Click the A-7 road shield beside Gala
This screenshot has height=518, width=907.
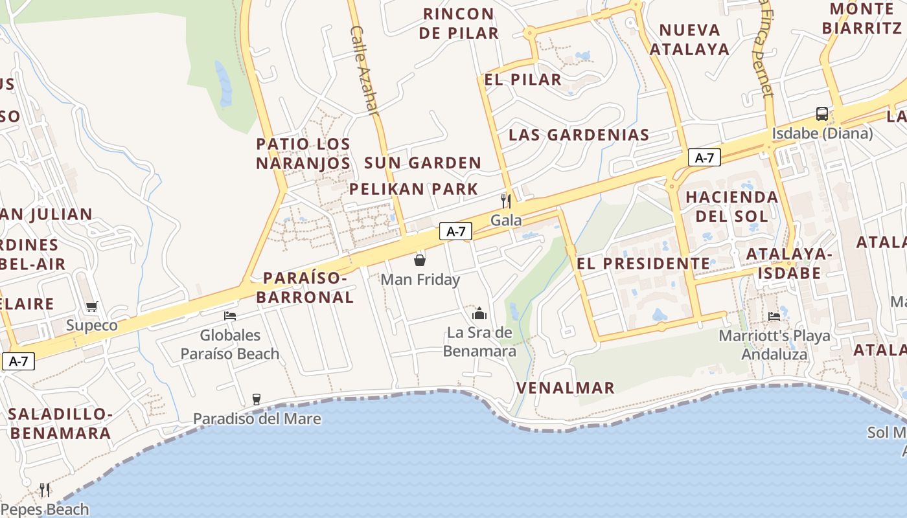point(455,231)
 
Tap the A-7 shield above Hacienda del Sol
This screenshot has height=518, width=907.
point(704,157)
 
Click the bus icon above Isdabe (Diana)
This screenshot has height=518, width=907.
point(821,114)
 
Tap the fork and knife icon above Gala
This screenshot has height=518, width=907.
point(506,201)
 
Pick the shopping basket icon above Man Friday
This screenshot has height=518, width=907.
point(420,260)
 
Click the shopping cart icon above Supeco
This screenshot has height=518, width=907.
point(91,306)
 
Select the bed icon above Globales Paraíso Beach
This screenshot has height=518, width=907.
point(229,316)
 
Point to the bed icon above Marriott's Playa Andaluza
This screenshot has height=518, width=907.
point(774,317)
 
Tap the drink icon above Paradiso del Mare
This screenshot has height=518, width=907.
point(257,399)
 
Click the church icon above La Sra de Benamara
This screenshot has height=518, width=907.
point(479,314)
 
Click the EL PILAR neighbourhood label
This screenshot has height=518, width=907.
point(523,80)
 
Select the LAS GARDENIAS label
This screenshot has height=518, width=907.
point(579,135)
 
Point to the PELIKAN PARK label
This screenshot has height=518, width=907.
point(413,189)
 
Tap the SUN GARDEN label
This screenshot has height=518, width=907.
point(422,163)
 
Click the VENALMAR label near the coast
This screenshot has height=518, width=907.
point(565,388)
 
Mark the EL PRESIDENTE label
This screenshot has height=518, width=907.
point(643,264)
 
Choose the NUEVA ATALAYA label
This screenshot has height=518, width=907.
point(689,39)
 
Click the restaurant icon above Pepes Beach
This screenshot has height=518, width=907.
point(44,490)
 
